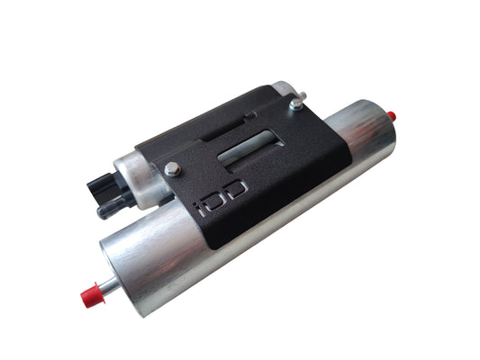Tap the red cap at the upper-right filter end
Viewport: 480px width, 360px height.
point(393,116)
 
